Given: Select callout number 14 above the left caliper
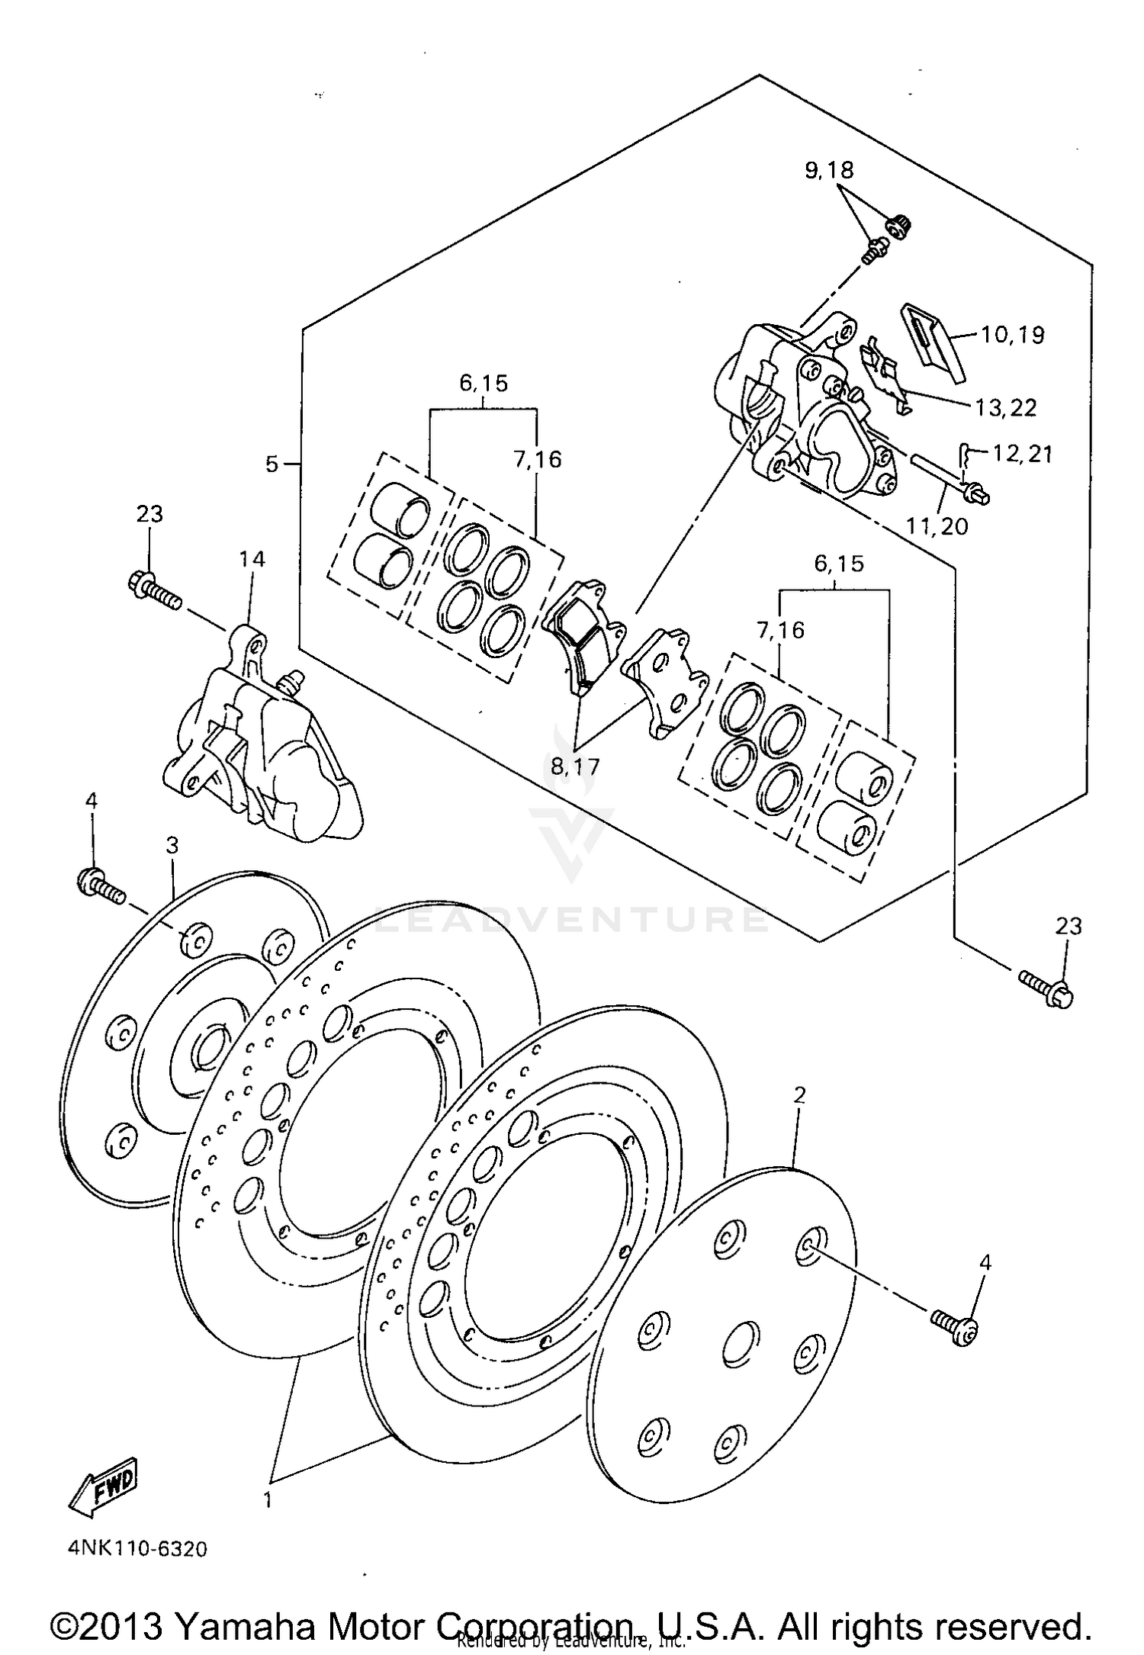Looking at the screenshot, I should (252, 560).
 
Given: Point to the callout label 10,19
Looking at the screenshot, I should (1012, 335).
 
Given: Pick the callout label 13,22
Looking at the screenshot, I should (1005, 408).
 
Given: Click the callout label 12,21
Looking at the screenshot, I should (1022, 455).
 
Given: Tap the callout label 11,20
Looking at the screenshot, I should (937, 525).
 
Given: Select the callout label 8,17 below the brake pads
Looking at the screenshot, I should (576, 766).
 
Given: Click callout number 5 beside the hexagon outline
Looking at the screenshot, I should (272, 464).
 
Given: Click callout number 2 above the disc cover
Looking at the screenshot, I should (799, 1096).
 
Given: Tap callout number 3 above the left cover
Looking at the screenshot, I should (172, 845).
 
